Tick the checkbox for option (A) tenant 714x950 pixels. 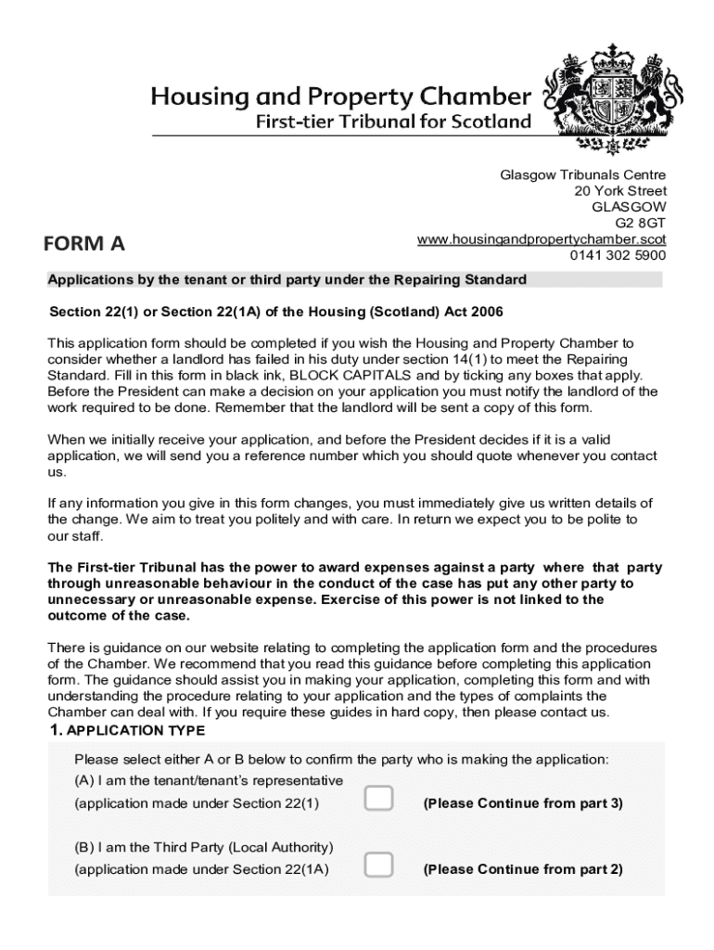378,798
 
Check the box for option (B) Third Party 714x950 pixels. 378,866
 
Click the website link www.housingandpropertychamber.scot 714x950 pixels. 542,239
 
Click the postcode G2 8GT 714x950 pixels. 641,223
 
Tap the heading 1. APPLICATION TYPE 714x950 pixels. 121,730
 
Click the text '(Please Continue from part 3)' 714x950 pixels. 523,803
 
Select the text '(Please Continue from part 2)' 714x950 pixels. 523,869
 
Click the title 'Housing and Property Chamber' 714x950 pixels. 342,96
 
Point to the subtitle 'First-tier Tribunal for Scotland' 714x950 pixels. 394,122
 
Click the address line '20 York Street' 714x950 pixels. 620,191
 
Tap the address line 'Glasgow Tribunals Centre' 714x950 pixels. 583,175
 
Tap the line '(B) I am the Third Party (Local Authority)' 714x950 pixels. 204,847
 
